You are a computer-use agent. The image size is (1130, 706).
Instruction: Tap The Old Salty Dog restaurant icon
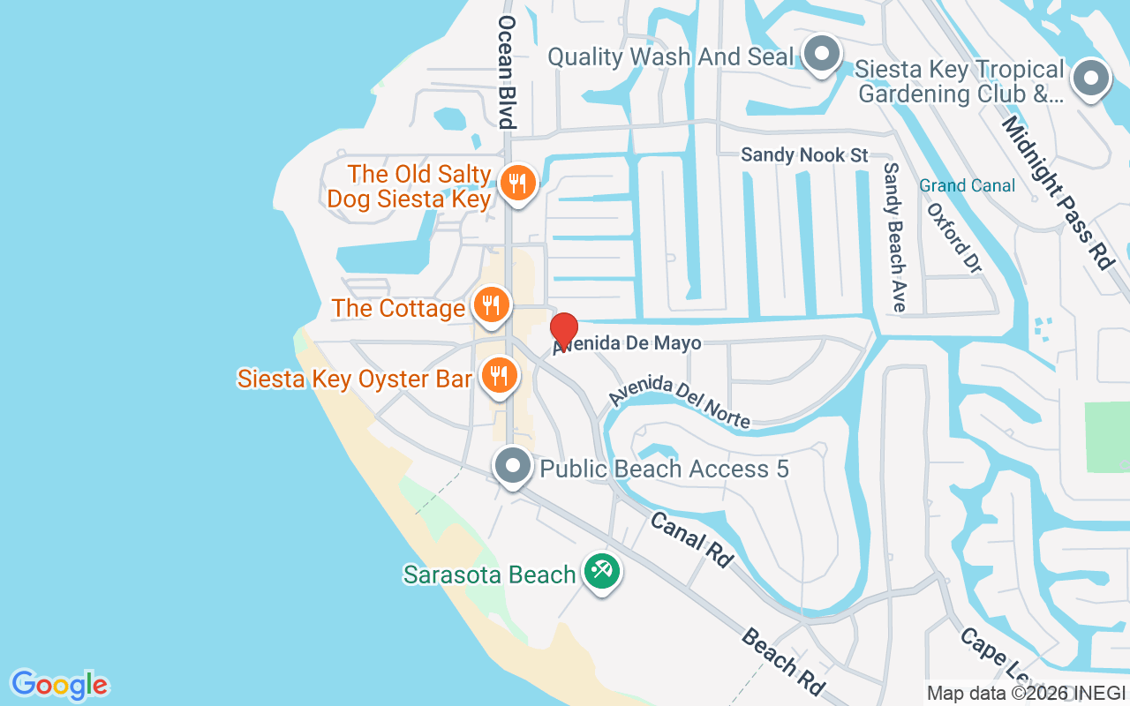pos(517,184)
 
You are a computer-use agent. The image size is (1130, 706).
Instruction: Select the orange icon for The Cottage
pos(492,305)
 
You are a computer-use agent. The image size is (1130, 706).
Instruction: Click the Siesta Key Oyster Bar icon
pos(500,376)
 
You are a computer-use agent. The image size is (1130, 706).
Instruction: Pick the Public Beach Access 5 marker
pos(512,465)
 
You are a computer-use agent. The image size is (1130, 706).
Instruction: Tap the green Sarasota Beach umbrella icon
pos(602,571)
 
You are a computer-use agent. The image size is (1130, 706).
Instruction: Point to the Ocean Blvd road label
pos(506,71)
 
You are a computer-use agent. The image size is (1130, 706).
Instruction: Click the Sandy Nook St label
pos(804,155)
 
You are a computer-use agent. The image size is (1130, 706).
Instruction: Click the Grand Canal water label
pos(967,185)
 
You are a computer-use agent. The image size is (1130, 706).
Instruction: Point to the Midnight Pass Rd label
pos(1056,191)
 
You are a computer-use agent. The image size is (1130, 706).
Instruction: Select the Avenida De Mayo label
pos(629,343)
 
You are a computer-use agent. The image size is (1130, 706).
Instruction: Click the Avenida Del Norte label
pos(679,402)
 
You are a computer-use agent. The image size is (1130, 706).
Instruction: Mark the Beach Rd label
pos(782,661)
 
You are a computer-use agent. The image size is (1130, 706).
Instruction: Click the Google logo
pos(59,685)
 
